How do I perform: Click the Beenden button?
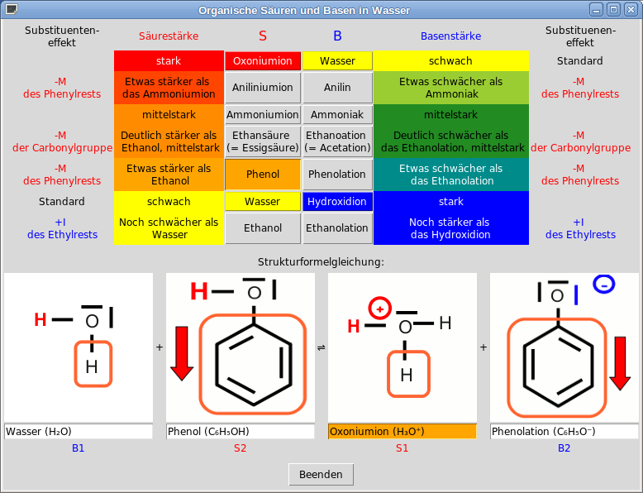[x=321, y=474]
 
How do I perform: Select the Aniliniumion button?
[x=263, y=88]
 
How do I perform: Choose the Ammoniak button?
[x=337, y=115]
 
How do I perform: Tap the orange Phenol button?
[x=263, y=175]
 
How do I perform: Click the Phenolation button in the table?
[x=337, y=175]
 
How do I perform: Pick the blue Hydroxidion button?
[x=337, y=202]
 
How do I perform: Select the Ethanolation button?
[x=337, y=228]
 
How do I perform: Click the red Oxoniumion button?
[x=263, y=61]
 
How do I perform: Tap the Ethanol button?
[x=263, y=228]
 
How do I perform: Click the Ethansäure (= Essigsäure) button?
[x=263, y=141]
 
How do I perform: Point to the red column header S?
[x=263, y=36]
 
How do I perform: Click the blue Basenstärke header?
[x=450, y=36]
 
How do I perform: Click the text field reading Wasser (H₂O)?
[x=79, y=431]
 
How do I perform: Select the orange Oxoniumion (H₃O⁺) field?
[x=402, y=431]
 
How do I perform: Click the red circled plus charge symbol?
[x=379, y=308]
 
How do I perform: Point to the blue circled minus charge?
[x=604, y=285]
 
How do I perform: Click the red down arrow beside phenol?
[x=183, y=353]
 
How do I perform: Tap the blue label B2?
[x=564, y=448]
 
